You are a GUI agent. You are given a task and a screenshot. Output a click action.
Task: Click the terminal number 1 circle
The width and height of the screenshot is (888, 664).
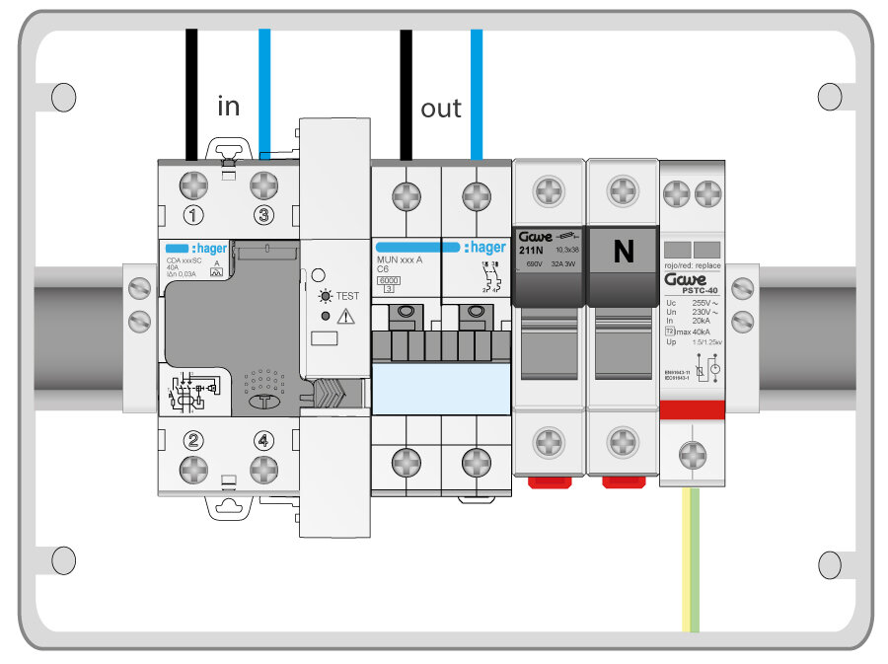[x=194, y=215]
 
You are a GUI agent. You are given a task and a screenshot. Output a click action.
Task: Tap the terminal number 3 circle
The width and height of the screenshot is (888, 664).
[x=262, y=215]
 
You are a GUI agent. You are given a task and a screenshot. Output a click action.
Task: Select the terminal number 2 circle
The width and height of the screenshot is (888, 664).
[x=194, y=441]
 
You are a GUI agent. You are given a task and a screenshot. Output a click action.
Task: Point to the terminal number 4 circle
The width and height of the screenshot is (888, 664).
[x=262, y=441]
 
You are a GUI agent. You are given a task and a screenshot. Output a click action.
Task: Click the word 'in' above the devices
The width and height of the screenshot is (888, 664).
[x=228, y=106]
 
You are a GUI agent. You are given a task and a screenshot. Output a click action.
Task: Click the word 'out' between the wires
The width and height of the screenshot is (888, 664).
[x=440, y=109]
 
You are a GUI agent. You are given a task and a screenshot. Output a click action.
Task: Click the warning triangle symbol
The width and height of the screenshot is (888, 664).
[x=345, y=317]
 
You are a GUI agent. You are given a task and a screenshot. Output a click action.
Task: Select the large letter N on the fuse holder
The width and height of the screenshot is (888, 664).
[x=624, y=253]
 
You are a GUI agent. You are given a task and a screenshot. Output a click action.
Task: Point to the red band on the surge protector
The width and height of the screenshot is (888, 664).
[x=693, y=409]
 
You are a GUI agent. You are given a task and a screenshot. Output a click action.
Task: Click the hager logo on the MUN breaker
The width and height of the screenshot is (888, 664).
[x=484, y=248]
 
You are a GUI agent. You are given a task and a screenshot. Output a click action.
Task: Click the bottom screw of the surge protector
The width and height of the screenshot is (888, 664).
[x=693, y=455]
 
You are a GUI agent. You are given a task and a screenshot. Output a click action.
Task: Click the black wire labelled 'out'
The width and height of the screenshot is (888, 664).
[x=406, y=89]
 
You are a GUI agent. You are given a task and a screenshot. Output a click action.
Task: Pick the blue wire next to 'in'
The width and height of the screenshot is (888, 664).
[x=264, y=89]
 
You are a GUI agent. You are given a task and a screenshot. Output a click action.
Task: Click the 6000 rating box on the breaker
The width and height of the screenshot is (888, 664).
[x=389, y=281]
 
